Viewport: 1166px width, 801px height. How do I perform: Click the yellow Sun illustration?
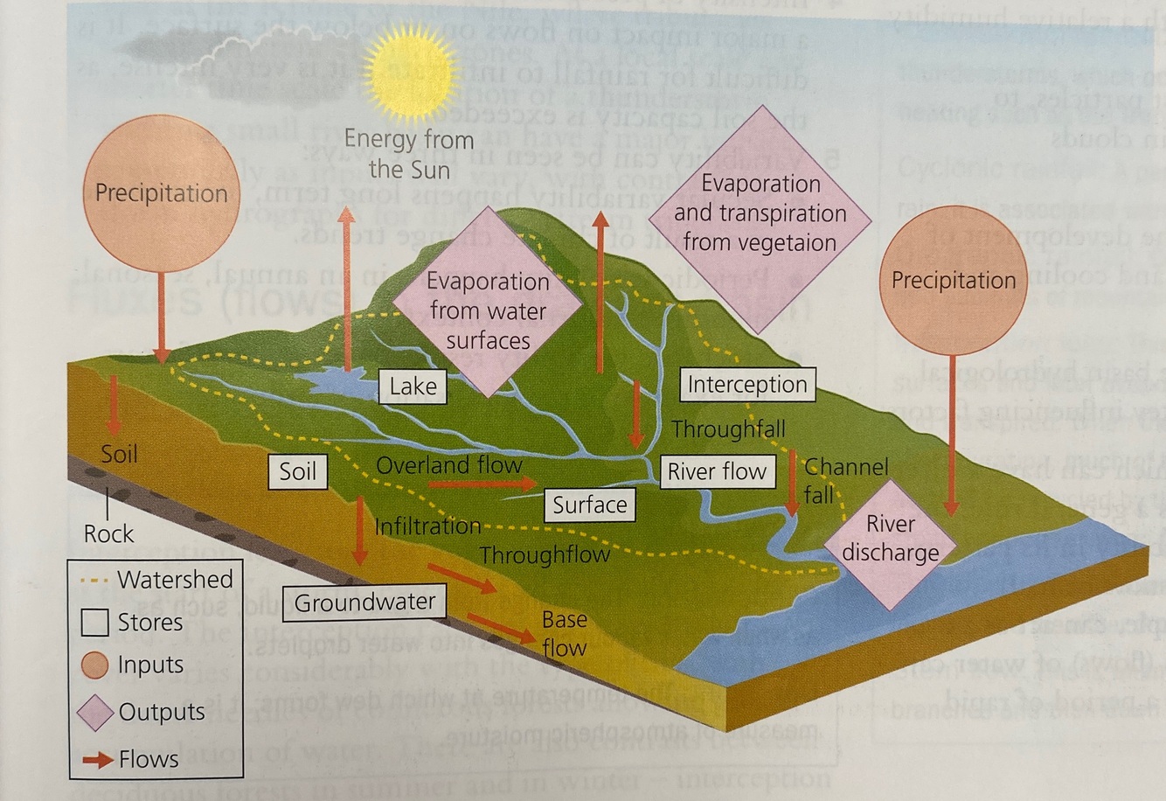[411, 72]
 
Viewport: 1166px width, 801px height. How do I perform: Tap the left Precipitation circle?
[162, 192]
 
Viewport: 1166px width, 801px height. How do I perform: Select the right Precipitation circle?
[953, 280]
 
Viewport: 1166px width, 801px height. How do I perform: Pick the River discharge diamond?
[890, 538]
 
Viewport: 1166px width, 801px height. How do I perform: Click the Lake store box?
[413, 387]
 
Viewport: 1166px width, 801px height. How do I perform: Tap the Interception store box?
[746, 385]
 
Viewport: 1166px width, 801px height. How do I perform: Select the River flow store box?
[717, 472]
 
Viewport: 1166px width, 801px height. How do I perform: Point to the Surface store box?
[589, 505]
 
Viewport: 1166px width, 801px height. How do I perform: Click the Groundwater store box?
[364, 602]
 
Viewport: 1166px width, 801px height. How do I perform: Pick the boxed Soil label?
[297, 471]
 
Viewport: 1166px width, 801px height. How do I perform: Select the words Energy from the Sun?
[409, 153]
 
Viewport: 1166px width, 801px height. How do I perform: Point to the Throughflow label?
[544, 555]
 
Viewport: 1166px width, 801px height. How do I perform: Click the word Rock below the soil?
[108, 533]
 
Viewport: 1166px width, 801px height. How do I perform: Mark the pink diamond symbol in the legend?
[94, 713]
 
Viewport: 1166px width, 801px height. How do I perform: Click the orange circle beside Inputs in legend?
[94, 665]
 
